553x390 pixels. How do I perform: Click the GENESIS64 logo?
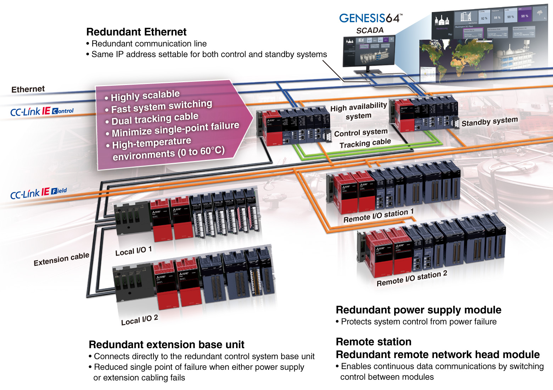pyautogui.click(x=370, y=18)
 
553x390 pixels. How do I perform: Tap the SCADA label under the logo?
pyautogui.click(x=370, y=30)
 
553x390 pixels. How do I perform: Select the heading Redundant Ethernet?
pyautogui.click(x=136, y=32)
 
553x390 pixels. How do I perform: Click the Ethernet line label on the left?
pyautogui.click(x=28, y=89)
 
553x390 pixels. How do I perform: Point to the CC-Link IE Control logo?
pyautogui.click(x=42, y=111)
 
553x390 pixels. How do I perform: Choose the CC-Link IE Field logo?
pyautogui.click(x=38, y=193)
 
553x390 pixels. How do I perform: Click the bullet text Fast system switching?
pyautogui.click(x=162, y=106)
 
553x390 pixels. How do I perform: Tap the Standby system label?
pyautogui.click(x=490, y=122)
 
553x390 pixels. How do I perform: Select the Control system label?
pyautogui.click(x=361, y=133)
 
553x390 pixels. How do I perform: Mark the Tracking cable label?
pyautogui.click(x=365, y=143)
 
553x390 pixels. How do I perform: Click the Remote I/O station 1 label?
pyautogui.click(x=378, y=216)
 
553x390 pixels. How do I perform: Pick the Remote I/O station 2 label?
pyautogui.click(x=412, y=278)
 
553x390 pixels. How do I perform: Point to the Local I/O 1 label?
pyautogui.click(x=133, y=251)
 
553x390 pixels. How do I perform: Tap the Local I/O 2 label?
pyautogui.click(x=139, y=320)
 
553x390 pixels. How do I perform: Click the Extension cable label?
pyautogui.click(x=61, y=259)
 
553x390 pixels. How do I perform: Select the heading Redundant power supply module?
pyautogui.click(x=418, y=310)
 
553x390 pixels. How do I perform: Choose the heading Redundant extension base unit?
pyautogui.click(x=166, y=345)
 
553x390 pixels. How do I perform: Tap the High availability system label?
pyautogui.click(x=358, y=111)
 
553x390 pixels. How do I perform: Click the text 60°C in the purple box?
pyautogui.click(x=212, y=151)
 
